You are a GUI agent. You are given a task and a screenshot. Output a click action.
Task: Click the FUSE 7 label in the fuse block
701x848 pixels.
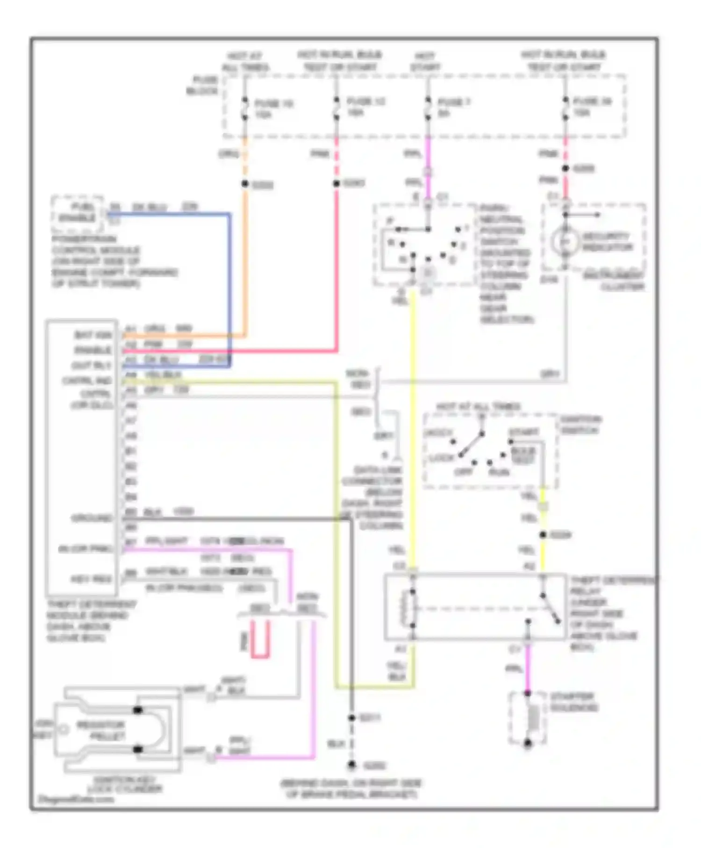click(x=454, y=102)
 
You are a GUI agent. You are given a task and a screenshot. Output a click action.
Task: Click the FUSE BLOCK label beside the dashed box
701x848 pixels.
click(x=203, y=85)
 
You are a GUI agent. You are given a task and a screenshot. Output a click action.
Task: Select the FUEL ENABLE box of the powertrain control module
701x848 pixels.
click(x=77, y=213)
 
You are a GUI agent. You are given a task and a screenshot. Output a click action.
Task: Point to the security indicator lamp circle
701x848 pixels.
click(x=565, y=242)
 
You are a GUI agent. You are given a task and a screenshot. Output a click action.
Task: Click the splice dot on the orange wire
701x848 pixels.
click(x=245, y=184)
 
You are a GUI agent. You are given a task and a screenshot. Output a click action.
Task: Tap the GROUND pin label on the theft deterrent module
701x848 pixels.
click(x=92, y=518)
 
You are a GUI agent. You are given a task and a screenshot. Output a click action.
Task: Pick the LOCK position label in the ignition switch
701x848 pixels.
click(x=441, y=458)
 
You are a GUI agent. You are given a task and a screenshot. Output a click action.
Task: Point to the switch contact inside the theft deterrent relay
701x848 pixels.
click(x=550, y=609)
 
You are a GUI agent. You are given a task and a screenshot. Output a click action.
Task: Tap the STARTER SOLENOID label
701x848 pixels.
click(x=573, y=702)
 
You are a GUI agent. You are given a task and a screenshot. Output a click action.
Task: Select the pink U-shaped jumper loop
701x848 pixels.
click(x=260, y=640)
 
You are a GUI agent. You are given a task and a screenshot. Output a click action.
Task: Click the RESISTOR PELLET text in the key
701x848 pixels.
click(x=101, y=730)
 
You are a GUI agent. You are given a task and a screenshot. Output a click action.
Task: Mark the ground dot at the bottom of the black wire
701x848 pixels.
click(x=352, y=765)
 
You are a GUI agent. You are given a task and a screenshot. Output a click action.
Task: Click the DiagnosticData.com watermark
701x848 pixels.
click(x=76, y=799)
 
